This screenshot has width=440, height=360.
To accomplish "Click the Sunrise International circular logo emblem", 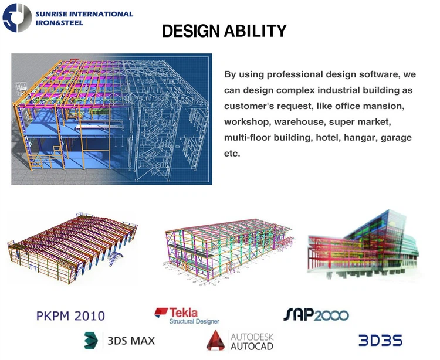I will coord(16,18).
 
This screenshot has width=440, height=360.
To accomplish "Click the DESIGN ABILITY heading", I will coord(224,32).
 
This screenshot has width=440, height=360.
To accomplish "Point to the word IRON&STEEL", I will coord(59,23).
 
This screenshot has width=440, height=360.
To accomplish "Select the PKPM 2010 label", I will coord(70,316).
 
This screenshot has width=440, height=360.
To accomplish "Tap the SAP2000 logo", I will coord(316,315).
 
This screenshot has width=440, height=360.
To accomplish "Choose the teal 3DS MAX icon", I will coord(90,339).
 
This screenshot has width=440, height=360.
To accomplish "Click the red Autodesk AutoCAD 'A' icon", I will coord(216,341).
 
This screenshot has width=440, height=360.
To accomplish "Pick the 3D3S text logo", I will coord(381,340).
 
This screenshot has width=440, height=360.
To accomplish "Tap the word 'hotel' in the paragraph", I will coord(326,137).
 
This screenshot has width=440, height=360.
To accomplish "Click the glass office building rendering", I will coord(365,243).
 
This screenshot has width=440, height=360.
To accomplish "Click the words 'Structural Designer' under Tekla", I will coord(194,321).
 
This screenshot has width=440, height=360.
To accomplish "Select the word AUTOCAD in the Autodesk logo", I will coord(251,346).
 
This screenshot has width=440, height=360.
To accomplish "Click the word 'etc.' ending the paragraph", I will coord(232,153).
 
